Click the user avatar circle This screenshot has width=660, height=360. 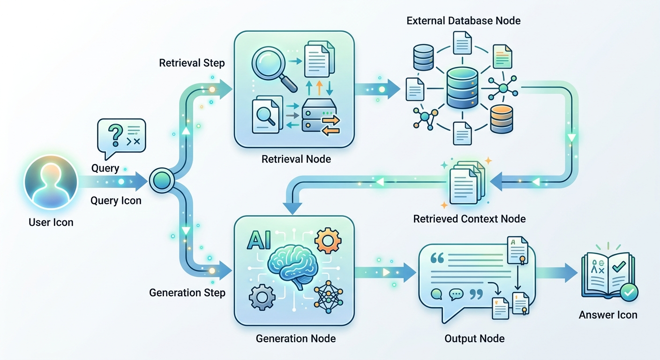(51, 182)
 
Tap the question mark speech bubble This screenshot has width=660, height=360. (121, 138)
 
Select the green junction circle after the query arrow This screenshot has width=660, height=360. (162, 180)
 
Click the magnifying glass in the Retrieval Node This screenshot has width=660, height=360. (273, 70)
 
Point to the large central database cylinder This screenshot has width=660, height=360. (462, 88)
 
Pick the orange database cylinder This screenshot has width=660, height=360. (502, 119)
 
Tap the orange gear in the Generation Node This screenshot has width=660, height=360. (328, 240)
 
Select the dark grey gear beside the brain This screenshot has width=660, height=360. (262, 297)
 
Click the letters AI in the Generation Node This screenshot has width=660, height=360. (259, 240)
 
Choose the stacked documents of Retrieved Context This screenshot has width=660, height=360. (467, 183)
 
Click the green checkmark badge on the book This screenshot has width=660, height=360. (629, 292)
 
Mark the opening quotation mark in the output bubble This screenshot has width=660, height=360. (437, 258)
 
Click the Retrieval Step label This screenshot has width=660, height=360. (192, 63)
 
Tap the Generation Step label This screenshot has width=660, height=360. (187, 292)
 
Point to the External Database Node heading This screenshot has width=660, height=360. (464, 21)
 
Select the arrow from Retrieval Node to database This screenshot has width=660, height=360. (377, 89)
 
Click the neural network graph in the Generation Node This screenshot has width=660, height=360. (328, 297)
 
